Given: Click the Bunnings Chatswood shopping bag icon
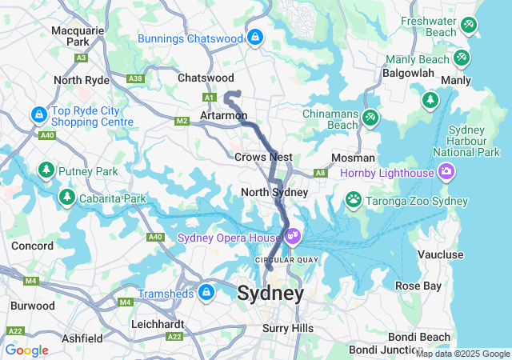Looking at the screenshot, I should (x=254, y=37).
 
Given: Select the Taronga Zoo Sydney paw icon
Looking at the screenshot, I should (x=353, y=198).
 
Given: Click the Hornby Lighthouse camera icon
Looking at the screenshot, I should (x=446, y=171).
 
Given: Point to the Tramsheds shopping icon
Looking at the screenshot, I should (x=207, y=293).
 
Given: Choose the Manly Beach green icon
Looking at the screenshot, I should (x=461, y=58).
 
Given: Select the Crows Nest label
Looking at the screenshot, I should (x=263, y=157).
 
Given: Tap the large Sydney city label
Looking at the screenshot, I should (x=270, y=294).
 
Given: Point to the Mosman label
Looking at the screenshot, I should (x=353, y=158).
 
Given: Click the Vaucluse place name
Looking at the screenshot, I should (x=441, y=254).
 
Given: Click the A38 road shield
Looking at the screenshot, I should (x=134, y=78).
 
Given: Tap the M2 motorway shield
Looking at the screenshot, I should (x=182, y=120).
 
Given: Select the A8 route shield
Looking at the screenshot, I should (x=320, y=172).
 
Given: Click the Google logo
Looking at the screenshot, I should (x=26, y=350).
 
